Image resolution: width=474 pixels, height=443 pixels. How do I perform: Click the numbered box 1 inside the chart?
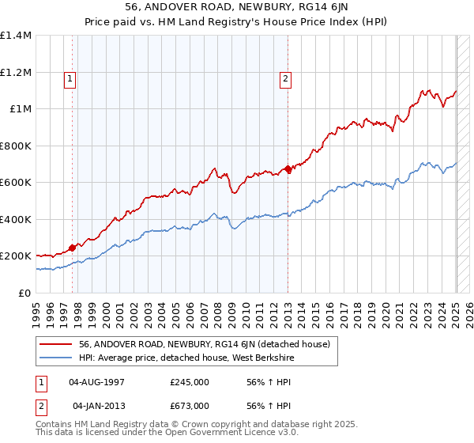[x=70, y=78]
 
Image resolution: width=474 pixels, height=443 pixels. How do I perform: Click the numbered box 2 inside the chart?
[x=284, y=78]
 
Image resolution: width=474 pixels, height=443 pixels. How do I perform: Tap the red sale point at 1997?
[x=72, y=248]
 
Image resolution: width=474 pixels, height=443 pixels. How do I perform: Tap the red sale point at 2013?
[x=288, y=169]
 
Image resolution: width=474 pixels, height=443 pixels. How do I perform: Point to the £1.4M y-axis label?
[x=16, y=36]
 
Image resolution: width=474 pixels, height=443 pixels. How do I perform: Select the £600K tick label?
[x=16, y=183]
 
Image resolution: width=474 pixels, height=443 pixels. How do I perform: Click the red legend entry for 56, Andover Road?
[x=209, y=344]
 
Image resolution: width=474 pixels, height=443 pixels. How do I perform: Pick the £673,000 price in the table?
[x=190, y=405]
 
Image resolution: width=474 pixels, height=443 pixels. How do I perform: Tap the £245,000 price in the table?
[x=190, y=381]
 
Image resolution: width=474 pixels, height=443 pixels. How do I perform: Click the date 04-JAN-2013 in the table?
[x=98, y=405]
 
